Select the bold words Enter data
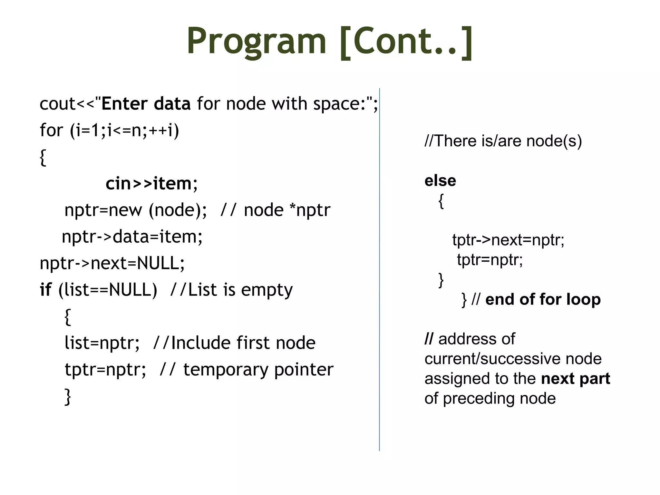[146, 104]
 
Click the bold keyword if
[45, 289]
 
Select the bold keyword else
[440, 180]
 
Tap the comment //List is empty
[231, 289]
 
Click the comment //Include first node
[234, 343]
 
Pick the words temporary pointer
[258, 369]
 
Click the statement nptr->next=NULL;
[112, 263]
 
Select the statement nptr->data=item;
[132, 237]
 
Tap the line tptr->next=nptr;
[508, 240]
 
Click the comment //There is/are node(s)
[503, 141]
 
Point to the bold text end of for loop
[543, 299]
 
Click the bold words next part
[575, 378]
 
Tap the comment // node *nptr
[275, 210]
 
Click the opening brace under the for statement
[43, 157]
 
